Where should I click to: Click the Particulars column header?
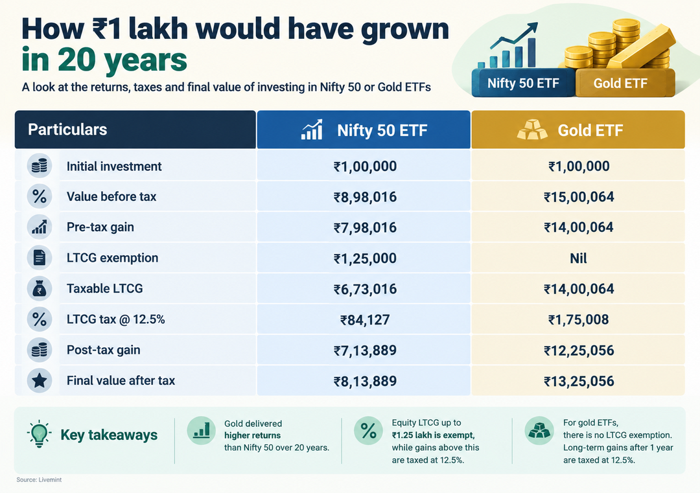click(x=67, y=130)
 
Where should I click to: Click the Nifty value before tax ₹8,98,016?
click(x=365, y=197)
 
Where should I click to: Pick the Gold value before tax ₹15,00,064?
click(x=579, y=197)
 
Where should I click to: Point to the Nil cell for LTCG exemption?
click(x=578, y=258)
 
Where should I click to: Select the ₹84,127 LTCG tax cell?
click(x=365, y=320)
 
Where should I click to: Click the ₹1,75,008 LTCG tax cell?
click(x=579, y=320)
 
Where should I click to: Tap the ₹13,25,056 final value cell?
click(x=579, y=382)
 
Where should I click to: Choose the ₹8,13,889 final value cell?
click(x=365, y=382)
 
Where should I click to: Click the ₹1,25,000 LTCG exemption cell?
click(x=365, y=258)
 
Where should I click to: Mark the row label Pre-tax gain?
click(x=100, y=227)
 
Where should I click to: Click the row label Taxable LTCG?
click(x=105, y=289)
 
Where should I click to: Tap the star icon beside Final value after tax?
click(x=40, y=380)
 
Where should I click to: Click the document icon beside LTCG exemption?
click(x=40, y=257)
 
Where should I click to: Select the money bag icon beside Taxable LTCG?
click(x=40, y=288)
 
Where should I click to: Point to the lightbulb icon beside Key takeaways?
click(x=39, y=433)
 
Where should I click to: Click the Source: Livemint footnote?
click(x=39, y=479)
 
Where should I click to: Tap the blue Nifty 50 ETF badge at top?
click(x=523, y=83)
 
